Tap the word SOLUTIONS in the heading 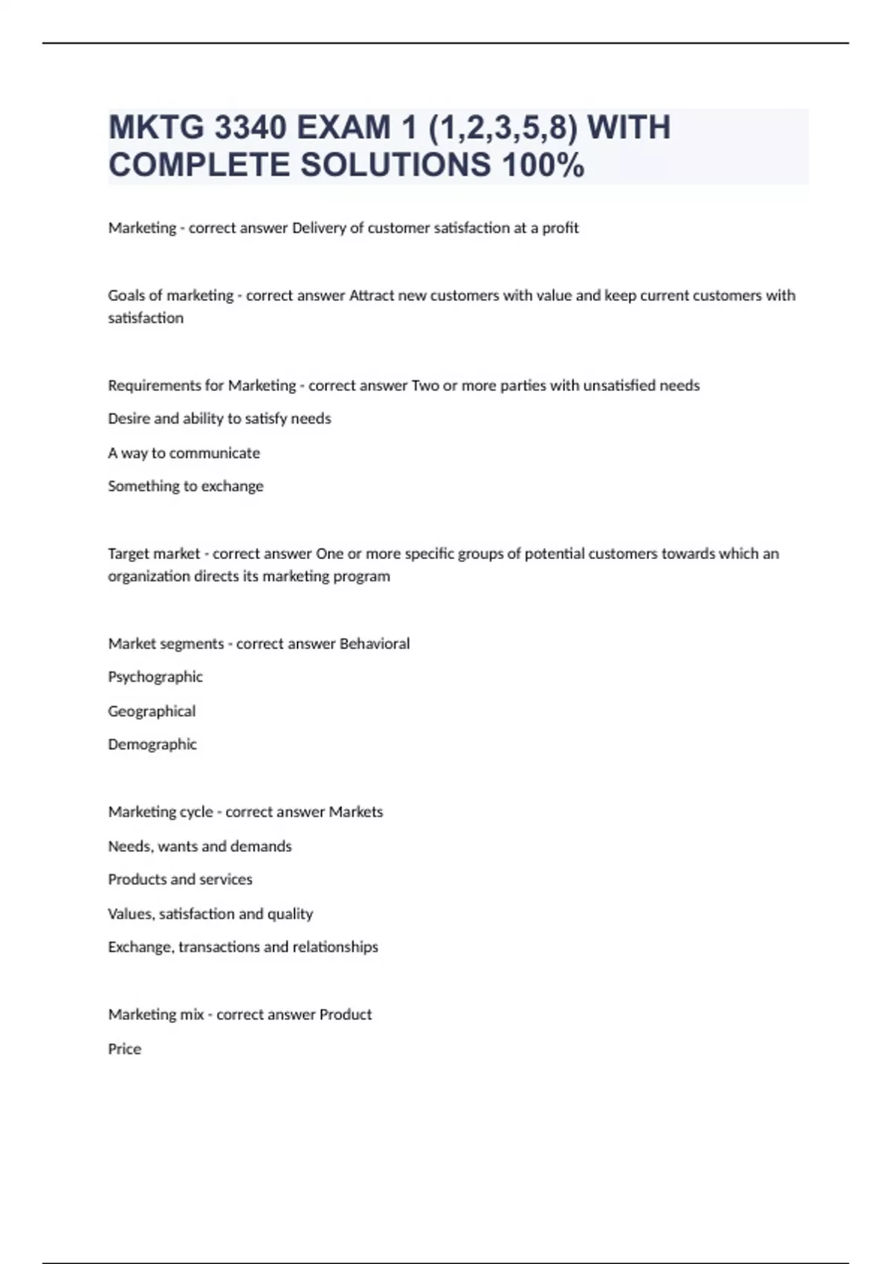(x=395, y=165)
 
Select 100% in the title (x=543, y=165)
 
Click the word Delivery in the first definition (x=319, y=228)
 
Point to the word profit (x=560, y=228)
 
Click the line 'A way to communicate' (x=184, y=453)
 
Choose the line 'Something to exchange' (x=185, y=486)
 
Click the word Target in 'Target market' (x=129, y=553)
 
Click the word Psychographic (x=155, y=677)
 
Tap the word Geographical (x=152, y=711)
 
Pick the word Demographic (x=152, y=744)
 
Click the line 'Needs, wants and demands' (x=199, y=846)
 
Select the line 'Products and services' (x=180, y=880)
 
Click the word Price (x=124, y=1049)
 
